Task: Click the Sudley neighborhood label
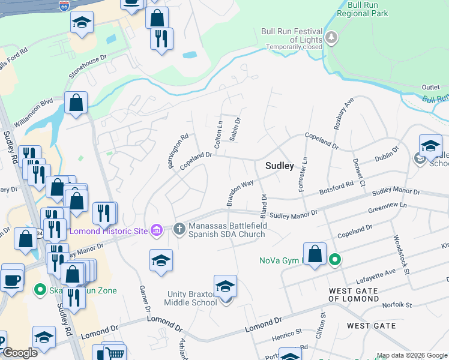pyautogui.click(x=279, y=166)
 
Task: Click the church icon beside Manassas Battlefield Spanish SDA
pyautogui.click(x=179, y=229)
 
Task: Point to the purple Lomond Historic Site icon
pyautogui.click(x=157, y=230)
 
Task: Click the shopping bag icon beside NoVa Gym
pyautogui.click(x=315, y=254)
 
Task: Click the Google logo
pyautogui.click(x=19, y=353)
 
